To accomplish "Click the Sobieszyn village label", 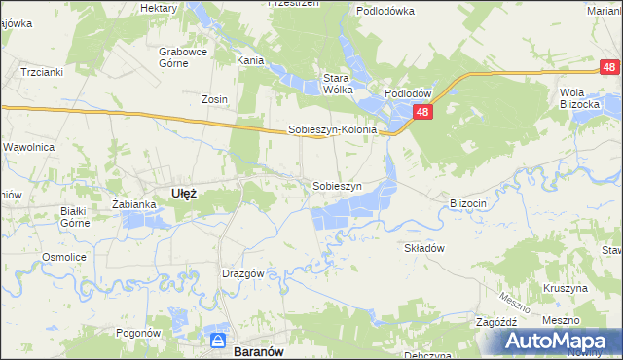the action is coord(337,185).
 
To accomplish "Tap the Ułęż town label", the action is coord(184,193).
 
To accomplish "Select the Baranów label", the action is coord(258,342).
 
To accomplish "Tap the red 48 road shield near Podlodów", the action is coord(421,113).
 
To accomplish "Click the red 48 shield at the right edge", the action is coord(608,67).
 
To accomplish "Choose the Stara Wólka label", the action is coord(338,83).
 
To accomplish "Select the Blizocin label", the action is coord(467,202).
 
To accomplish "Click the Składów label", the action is coord(424,248).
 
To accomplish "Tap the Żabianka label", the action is coord(134,204).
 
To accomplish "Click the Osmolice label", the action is coord(60,257).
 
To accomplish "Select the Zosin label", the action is coord(214,99).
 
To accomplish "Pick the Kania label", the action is coord(250,59).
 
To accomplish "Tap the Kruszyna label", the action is coord(566,288).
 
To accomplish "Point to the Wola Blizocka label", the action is coord(578,98).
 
